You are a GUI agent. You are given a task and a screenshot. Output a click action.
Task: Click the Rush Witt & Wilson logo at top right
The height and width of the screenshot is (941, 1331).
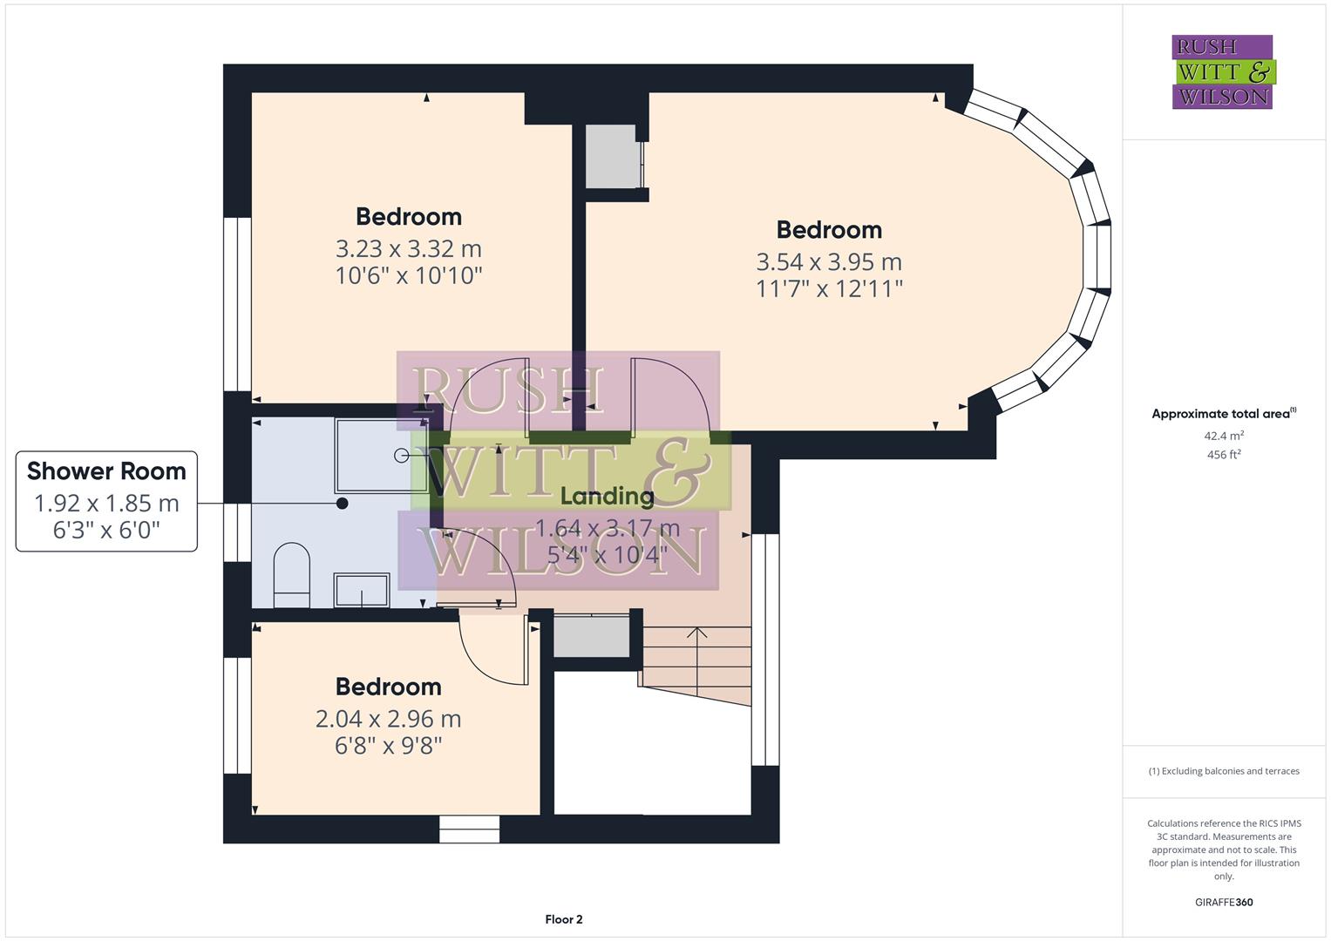pyautogui.click(x=1222, y=72)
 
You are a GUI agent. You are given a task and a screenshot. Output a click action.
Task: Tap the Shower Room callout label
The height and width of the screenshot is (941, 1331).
pyautogui.click(x=106, y=471)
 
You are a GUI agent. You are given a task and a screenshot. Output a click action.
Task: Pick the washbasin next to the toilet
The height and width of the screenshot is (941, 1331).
pyautogui.click(x=362, y=589)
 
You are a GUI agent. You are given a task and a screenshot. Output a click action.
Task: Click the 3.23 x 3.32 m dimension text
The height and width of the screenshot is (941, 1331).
pyautogui.click(x=408, y=249)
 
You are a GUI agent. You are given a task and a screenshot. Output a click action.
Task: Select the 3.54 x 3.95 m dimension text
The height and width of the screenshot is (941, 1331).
pyautogui.click(x=829, y=262)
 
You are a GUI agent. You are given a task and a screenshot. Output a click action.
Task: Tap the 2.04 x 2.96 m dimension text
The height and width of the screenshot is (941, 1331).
pyautogui.click(x=388, y=719)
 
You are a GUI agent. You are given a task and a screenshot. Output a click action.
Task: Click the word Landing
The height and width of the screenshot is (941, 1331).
pyautogui.click(x=607, y=497)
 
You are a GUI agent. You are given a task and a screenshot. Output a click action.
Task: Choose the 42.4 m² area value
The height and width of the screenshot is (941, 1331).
pyautogui.click(x=1223, y=436)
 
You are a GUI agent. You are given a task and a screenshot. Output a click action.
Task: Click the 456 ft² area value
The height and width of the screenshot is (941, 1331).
pyautogui.click(x=1223, y=455)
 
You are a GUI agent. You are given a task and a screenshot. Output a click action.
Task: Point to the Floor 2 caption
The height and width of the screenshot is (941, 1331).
pyautogui.click(x=563, y=919)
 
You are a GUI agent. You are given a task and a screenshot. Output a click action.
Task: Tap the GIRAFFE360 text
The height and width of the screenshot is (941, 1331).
pyautogui.click(x=1223, y=902)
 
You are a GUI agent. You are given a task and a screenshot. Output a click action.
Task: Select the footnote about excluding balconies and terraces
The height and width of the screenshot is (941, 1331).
pyautogui.click(x=1223, y=771)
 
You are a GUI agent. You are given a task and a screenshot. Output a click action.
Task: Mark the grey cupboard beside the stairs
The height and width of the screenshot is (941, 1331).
pyautogui.click(x=592, y=636)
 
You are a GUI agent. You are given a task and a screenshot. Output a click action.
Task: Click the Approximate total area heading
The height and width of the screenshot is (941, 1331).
pyautogui.click(x=1220, y=414)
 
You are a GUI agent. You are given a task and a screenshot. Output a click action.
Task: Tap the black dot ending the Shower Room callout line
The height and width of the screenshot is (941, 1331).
pyautogui.click(x=343, y=504)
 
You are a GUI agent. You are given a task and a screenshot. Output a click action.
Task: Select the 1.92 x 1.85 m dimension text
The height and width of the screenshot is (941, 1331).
pyautogui.click(x=106, y=504)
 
